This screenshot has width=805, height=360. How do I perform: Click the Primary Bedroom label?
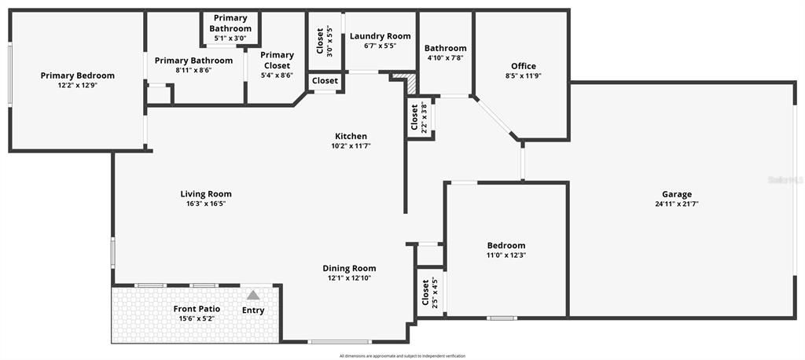coord(78,75)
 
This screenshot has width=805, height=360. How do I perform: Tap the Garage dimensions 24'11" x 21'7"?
coord(676,204)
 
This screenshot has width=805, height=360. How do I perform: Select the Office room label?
coord(524,66)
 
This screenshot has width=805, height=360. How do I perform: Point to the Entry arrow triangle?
coord(253,296)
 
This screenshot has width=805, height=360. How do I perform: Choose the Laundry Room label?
coord(380,36)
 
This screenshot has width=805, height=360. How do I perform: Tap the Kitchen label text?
coord(351,136)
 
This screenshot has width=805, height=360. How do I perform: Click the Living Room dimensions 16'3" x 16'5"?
coord(206,204)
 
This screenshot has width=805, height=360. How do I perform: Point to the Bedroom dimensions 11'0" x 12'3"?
coord(506,255)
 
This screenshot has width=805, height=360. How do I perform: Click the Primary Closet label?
coord(277,61)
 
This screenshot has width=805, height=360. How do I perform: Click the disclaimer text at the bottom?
coord(402,356)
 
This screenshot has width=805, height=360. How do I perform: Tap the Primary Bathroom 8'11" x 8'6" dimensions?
coord(193,70)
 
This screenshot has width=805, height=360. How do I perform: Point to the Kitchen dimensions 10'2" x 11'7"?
coord(351,145)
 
